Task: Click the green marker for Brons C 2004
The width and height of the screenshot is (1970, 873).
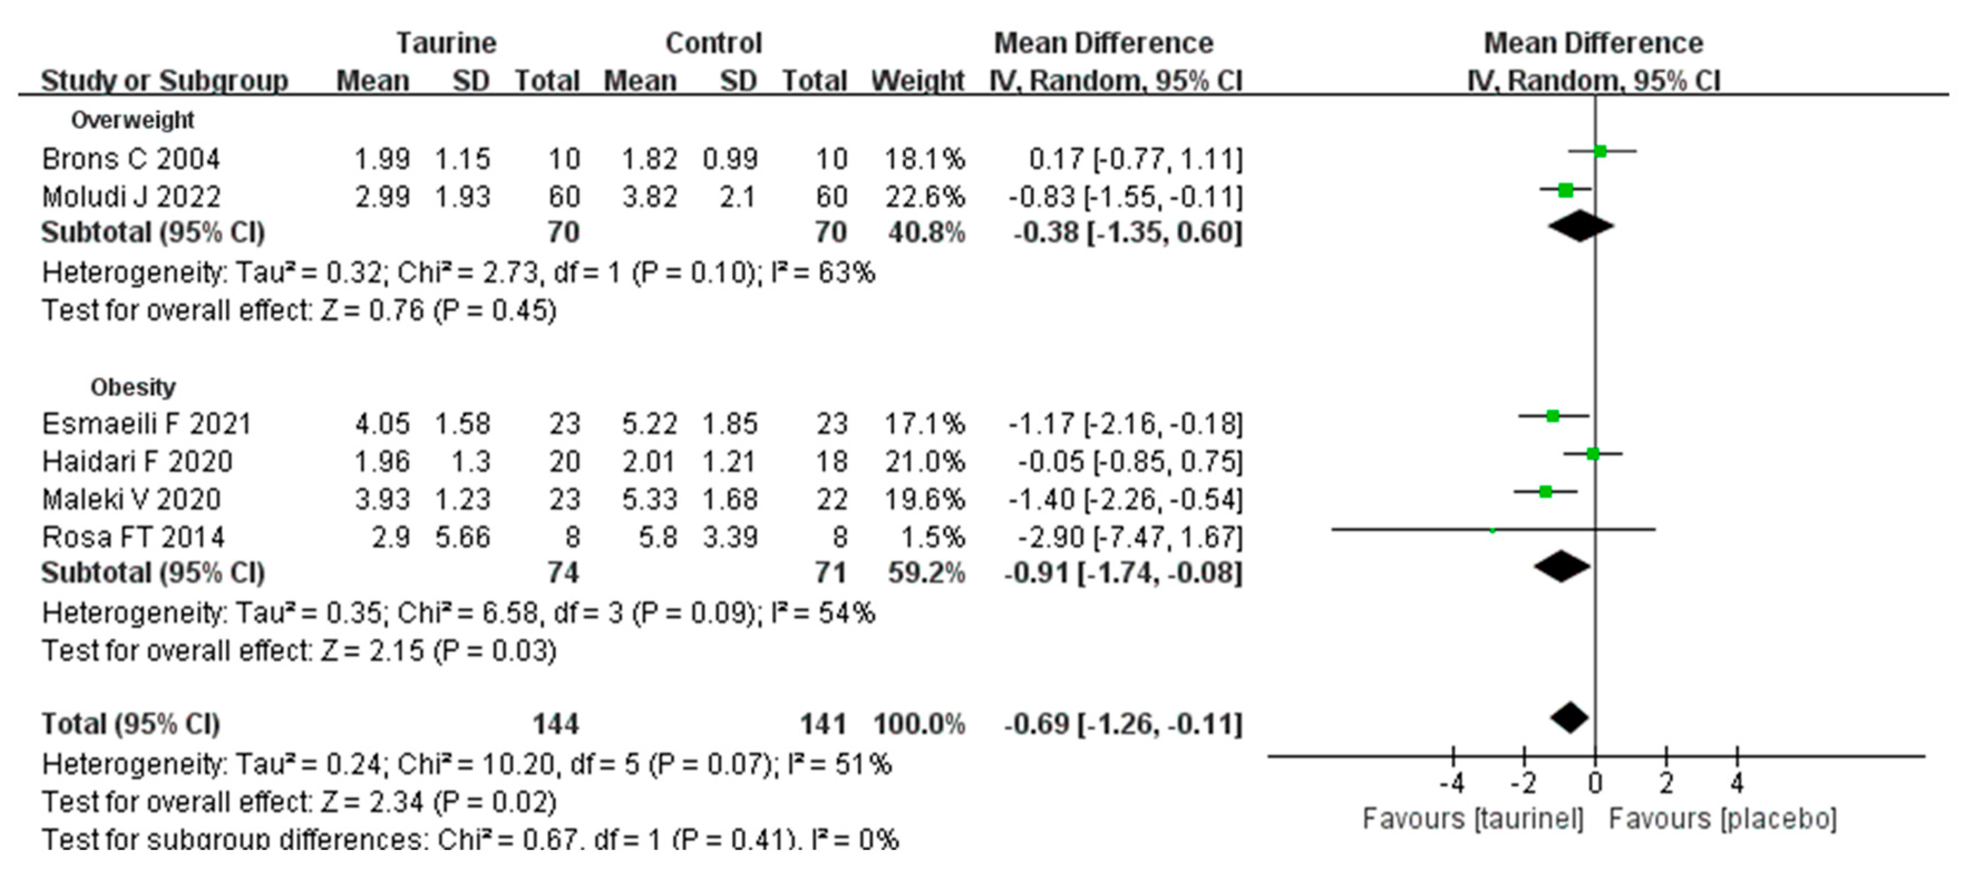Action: [1600, 152]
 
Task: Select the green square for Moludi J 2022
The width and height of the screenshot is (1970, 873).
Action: [1565, 189]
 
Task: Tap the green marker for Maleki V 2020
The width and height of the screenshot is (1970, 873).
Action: [1545, 491]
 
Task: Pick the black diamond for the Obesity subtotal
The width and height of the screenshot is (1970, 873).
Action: [1562, 567]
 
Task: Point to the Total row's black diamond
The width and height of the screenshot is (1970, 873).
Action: [1570, 718]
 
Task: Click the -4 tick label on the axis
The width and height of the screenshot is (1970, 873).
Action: [1452, 783]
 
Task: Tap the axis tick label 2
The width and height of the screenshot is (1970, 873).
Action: [1666, 783]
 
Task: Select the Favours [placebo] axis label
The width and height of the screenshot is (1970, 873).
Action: [1722, 820]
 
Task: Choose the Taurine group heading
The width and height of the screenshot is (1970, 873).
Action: [446, 43]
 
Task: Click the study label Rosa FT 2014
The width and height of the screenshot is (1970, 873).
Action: [133, 538]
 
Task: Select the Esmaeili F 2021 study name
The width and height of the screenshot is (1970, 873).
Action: [146, 423]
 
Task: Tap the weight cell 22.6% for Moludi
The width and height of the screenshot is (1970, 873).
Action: [925, 197]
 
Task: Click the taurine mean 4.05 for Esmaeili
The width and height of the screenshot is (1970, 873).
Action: [382, 423]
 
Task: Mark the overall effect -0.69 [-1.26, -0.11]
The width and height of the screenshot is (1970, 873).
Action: [1123, 723]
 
